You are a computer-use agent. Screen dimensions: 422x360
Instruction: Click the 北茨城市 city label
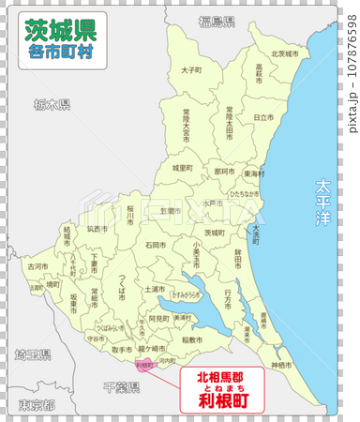point(284,53)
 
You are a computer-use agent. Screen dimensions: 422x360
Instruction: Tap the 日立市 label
point(263,116)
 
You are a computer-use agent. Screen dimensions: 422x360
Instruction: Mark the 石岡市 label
point(156,245)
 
